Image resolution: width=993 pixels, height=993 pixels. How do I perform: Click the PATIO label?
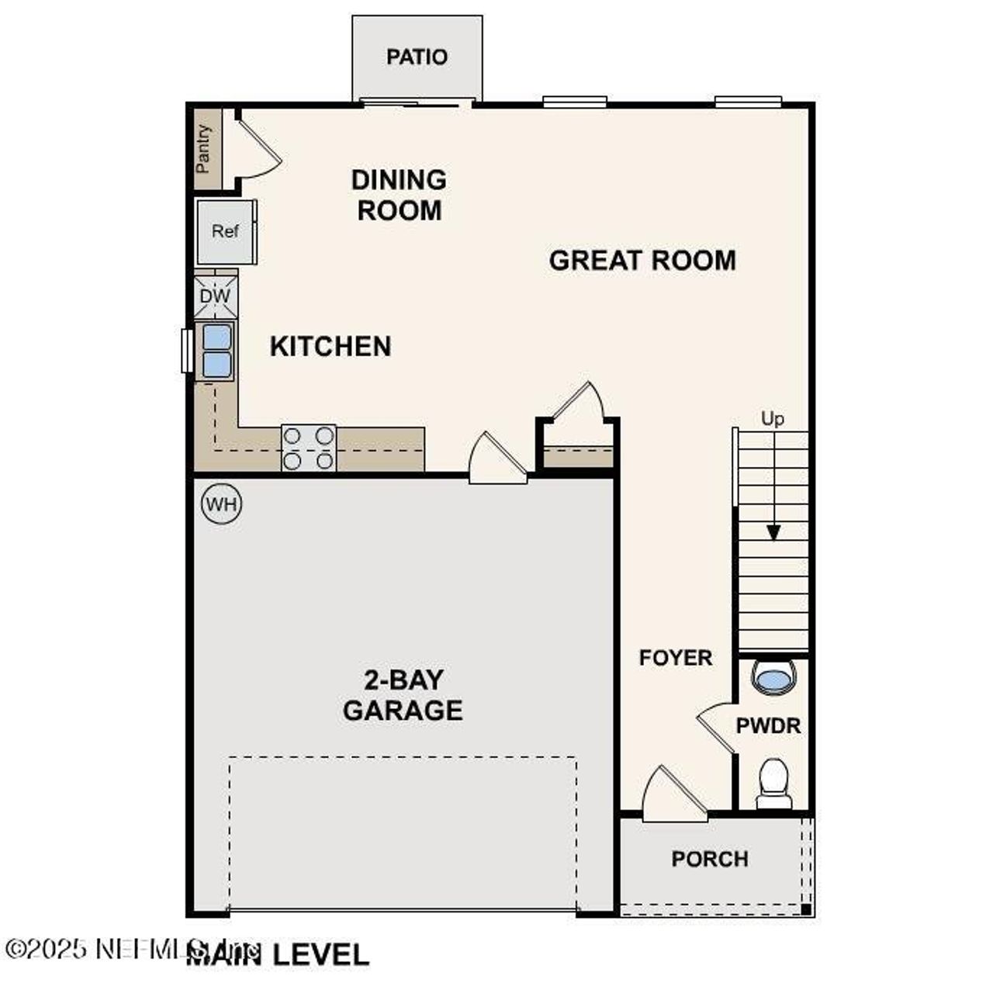(x=417, y=57)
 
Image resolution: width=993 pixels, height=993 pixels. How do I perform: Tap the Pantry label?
(x=204, y=148)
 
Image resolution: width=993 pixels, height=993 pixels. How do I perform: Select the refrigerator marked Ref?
(x=224, y=231)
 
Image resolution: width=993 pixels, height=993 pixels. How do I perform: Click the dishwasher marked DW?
(x=215, y=296)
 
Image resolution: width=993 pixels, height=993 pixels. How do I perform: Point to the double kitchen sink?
(x=216, y=351)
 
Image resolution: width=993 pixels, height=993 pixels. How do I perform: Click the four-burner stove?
(x=308, y=448)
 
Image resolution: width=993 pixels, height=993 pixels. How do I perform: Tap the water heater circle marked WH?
(x=222, y=505)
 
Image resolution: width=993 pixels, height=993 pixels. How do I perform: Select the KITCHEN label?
(x=330, y=346)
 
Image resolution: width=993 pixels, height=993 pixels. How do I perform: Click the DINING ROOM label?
(x=399, y=195)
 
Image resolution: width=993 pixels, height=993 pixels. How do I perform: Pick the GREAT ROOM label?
(x=642, y=260)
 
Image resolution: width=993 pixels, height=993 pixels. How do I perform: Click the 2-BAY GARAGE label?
(x=403, y=695)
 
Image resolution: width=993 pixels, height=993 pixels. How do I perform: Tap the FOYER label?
(x=675, y=658)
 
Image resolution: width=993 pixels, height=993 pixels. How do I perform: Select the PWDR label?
(x=768, y=726)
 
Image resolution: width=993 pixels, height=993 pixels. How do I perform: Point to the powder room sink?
(x=774, y=680)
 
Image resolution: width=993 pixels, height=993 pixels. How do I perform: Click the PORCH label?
(x=710, y=860)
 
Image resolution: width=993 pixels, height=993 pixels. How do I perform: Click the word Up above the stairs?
(x=773, y=419)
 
